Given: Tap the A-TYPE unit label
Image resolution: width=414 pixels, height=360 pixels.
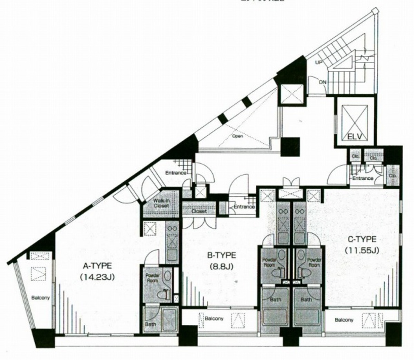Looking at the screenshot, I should [x=97, y=266].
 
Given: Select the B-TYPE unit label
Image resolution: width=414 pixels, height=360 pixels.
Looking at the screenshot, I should [x=221, y=255].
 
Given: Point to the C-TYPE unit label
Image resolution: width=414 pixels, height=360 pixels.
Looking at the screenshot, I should [x=362, y=239].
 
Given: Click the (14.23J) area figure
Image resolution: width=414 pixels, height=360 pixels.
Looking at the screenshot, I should [x=97, y=277].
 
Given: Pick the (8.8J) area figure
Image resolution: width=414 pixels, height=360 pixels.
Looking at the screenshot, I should [x=221, y=266].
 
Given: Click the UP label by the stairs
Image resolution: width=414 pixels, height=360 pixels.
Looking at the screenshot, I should [x=319, y=63].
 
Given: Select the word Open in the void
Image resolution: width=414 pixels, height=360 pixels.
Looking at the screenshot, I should [x=238, y=136].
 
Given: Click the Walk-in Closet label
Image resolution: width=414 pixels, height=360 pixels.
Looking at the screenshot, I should [x=161, y=203].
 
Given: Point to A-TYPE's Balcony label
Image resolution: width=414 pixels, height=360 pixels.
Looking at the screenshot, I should [x=41, y=297].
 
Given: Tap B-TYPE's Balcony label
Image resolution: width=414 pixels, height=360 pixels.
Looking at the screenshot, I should [x=214, y=319].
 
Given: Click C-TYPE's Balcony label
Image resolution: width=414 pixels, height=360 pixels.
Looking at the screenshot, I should [x=344, y=320].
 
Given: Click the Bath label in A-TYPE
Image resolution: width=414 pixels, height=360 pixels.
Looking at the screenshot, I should [x=151, y=324].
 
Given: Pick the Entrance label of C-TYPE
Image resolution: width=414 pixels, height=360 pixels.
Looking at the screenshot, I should [x=363, y=178].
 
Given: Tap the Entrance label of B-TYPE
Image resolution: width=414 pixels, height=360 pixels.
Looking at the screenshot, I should [x=244, y=207].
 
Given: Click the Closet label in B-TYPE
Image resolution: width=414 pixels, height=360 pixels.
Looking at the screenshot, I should [x=199, y=211].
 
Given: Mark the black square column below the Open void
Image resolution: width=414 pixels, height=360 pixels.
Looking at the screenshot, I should [x=290, y=146].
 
